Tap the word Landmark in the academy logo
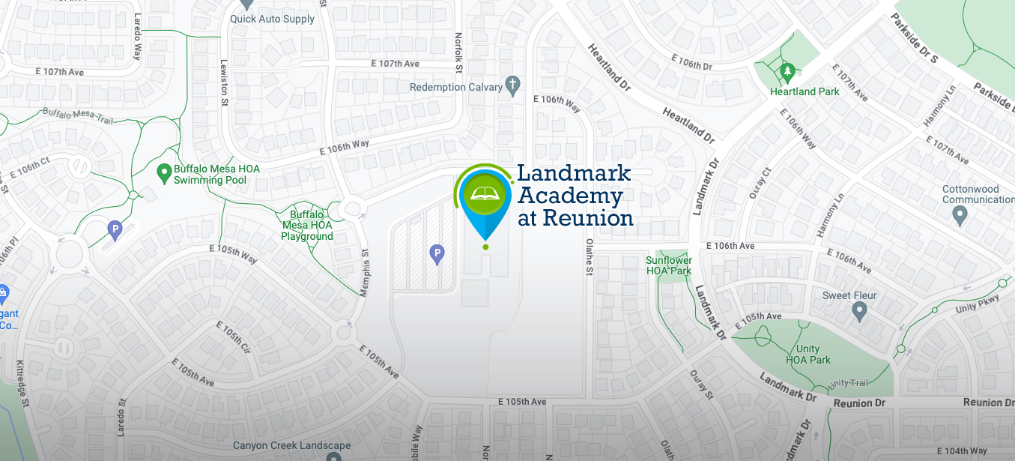pyautogui.click(x=574, y=174)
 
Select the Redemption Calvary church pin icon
pyautogui.click(x=513, y=85)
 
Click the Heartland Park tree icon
pyautogui.click(x=787, y=73)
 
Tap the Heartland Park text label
pyautogui.click(x=805, y=91)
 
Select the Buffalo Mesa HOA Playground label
pyautogui.click(x=307, y=225)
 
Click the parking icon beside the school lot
pyautogui.click(x=437, y=255)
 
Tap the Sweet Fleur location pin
pyautogui.click(x=859, y=309)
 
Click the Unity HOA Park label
pyautogui.click(x=808, y=355)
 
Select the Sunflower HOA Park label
pyautogui.click(x=669, y=265)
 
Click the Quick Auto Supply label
pyautogui.click(x=273, y=19)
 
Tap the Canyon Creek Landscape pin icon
pyautogui.click(x=333, y=456)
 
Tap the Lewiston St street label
pyautogui.click(x=223, y=85)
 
